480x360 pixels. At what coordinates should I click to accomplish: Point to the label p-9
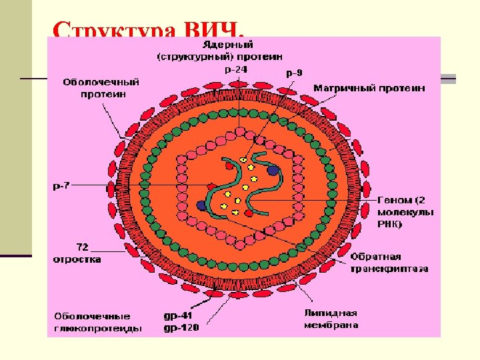tap(293, 73)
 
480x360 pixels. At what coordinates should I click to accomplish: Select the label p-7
tap(61, 185)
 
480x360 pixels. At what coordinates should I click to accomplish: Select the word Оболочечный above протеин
tap(101, 83)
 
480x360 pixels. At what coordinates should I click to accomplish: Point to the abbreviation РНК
tap(391, 224)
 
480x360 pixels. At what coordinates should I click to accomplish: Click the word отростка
tap(77, 259)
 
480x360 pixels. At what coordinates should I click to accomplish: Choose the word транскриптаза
tap(389, 269)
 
